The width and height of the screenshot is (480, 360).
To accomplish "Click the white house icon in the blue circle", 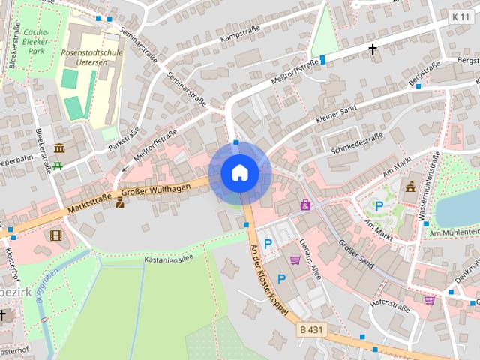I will [x=239, y=173].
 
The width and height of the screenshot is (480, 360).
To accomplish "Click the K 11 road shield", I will [x=460, y=16].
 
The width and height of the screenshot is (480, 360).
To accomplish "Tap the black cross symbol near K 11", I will [x=373, y=49].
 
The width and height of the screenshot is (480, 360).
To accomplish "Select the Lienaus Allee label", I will [x=310, y=259].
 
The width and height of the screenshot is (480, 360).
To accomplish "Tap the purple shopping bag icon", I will [x=305, y=204].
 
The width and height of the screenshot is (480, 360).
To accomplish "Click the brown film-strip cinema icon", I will [x=55, y=235].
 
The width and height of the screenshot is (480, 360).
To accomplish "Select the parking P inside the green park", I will [x=379, y=205].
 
